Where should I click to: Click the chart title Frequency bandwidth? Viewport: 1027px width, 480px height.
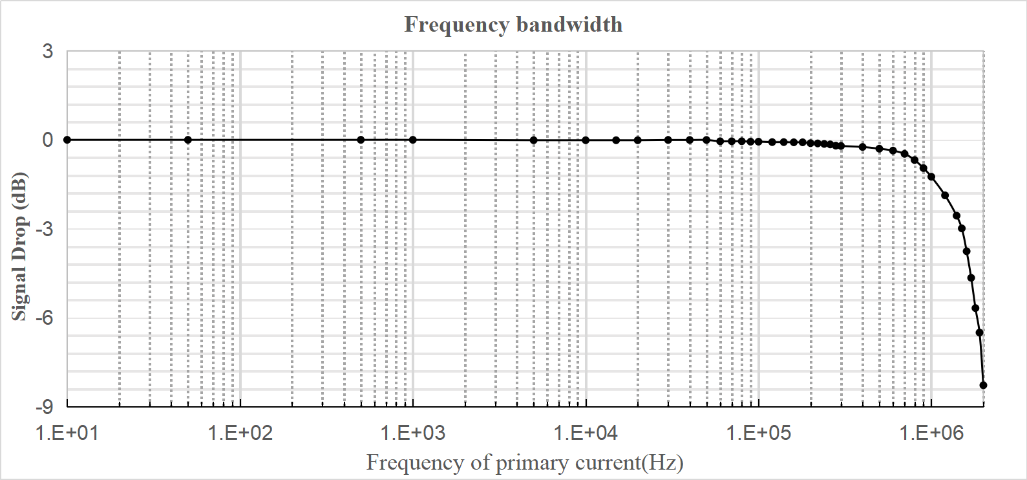point(513,25)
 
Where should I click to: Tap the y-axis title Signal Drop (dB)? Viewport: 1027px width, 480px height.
point(19,246)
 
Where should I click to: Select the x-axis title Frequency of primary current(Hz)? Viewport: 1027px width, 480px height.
point(525,463)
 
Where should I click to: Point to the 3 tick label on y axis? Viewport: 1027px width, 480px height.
point(48,51)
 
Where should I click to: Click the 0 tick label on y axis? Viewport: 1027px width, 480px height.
point(48,140)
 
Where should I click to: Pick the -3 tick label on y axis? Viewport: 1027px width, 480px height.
point(45,229)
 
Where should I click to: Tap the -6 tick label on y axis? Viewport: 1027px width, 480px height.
point(45,318)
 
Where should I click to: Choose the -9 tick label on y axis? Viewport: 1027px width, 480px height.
point(45,406)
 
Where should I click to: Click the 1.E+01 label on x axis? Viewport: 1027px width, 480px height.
point(67,433)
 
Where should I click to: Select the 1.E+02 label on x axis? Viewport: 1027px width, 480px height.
point(240,433)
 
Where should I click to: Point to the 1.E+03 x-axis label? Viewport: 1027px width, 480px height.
point(413,433)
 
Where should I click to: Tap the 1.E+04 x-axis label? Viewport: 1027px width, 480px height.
point(586,433)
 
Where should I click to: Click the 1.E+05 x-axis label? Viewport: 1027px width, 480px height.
point(759,433)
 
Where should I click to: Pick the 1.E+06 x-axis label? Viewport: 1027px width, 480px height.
point(931,433)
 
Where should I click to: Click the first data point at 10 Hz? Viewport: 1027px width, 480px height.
point(67,140)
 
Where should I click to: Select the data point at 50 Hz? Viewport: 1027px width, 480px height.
point(188,140)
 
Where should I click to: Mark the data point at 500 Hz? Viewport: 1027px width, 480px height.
point(361,140)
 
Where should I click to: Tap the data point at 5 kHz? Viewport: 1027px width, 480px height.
point(534,140)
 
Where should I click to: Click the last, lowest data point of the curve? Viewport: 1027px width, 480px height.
point(983,385)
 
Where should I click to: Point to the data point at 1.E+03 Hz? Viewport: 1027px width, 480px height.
point(413,140)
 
